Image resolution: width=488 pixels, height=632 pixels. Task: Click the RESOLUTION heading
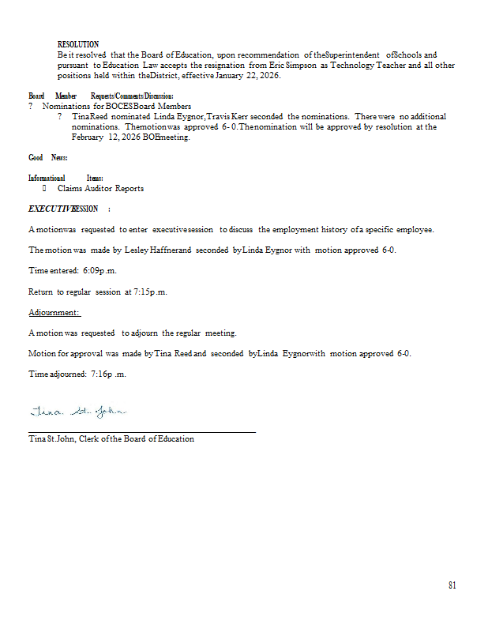point(78,44)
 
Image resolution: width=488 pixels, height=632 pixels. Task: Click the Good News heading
point(47,158)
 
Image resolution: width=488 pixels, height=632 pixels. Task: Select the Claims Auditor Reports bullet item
point(100,189)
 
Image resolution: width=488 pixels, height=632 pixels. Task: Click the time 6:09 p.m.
point(99,270)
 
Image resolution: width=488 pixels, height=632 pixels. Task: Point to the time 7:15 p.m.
point(150,292)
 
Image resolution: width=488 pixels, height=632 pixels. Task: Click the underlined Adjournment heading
point(54,312)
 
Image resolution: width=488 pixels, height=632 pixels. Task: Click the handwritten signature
point(78,412)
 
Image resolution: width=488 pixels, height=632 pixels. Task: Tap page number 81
point(452,585)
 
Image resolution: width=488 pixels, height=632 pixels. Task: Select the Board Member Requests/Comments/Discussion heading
point(100,96)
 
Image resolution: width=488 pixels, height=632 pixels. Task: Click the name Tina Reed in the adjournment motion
point(174,353)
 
